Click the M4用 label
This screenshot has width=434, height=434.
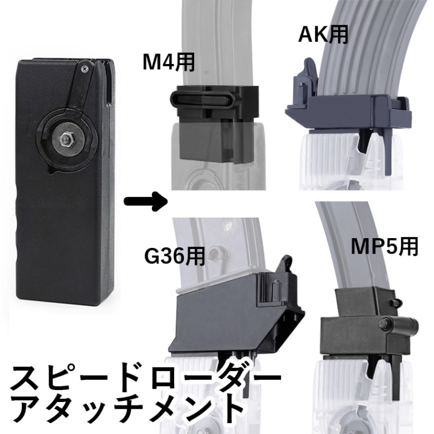click(169, 63)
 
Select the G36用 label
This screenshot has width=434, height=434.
click(175, 256)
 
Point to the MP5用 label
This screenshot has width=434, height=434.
click(384, 247)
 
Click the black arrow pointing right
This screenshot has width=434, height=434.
click(146, 201)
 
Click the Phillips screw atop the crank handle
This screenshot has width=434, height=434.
click(85, 69)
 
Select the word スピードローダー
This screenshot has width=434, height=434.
click(146, 378)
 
